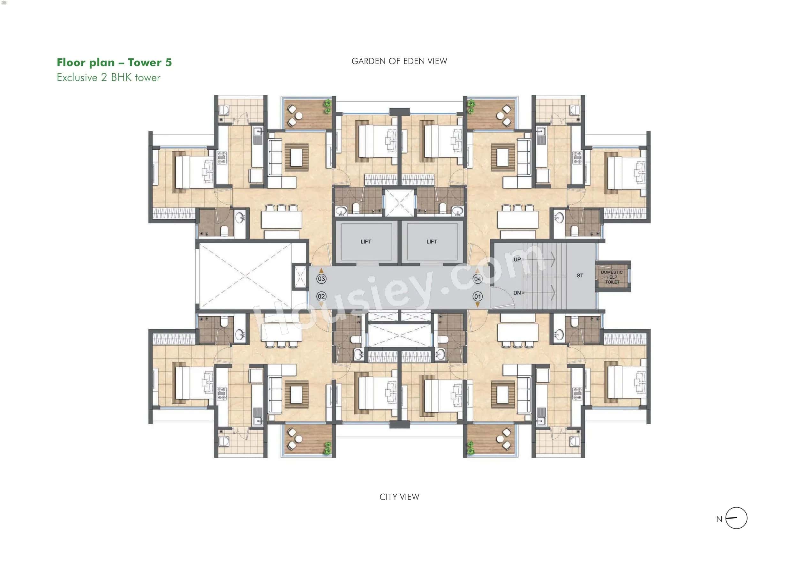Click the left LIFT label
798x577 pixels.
click(365, 242)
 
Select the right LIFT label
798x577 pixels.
click(432, 242)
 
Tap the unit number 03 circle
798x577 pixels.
click(321, 279)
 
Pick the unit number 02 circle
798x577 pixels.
click(321, 296)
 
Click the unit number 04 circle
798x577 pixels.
click(478, 279)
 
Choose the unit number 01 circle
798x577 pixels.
click(478, 296)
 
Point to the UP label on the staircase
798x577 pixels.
click(517, 260)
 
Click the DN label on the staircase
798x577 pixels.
click(517, 293)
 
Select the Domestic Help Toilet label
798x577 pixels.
click(612, 277)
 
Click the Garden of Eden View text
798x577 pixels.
click(399, 61)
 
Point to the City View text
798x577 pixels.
click(399, 497)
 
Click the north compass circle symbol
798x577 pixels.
click(736, 518)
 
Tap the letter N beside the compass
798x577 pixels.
click(719, 519)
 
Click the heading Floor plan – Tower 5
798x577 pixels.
click(114, 62)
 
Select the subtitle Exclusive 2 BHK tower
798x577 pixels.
click(109, 78)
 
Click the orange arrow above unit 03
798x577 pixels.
click(321, 271)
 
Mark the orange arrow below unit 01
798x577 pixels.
click(478, 305)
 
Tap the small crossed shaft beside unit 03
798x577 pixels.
click(300, 277)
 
